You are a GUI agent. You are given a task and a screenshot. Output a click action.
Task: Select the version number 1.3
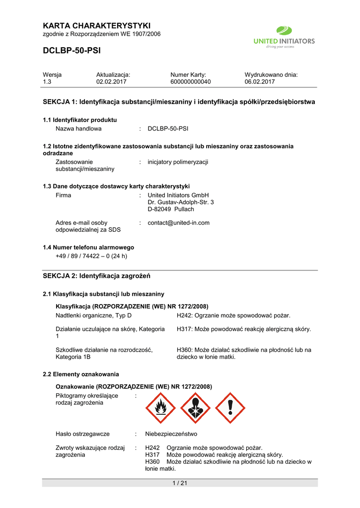[x=48, y=81]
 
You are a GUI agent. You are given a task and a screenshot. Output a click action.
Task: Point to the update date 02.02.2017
[x=111, y=81]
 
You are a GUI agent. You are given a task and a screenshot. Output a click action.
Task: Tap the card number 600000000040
[x=190, y=81]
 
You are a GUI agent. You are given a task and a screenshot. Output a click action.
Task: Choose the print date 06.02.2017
[x=260, y=81]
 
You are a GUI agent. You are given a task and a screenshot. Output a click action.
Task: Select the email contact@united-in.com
[x=178, y=223]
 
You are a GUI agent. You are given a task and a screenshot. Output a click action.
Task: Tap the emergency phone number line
[x=91, y=256]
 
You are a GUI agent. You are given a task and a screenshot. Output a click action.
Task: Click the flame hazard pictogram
[x=160, y=408]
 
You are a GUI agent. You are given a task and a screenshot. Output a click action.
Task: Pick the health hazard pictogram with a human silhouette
[x=195, y=408]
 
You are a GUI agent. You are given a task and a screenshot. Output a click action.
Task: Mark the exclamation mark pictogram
[x=230, y=408]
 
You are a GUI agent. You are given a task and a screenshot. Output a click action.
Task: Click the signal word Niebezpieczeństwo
[x=171, y=434]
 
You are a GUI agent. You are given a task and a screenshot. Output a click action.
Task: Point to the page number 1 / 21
[x=179, y=484]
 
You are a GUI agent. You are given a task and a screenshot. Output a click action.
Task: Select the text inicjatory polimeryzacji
[x=178, y=162]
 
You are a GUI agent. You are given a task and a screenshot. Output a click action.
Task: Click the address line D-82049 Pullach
[x=171, y=209]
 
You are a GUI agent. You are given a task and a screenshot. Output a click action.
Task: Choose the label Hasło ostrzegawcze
[x=82, y=434]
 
